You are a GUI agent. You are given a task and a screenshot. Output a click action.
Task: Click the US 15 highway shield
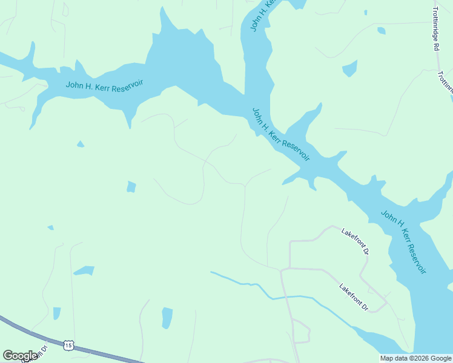(x=68, y=345)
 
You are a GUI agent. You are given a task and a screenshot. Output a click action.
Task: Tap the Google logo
(x=20, y=356)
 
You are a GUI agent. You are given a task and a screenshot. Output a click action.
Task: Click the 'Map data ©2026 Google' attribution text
(x=415, y=358)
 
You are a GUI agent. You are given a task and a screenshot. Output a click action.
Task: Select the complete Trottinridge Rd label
(x=435, y=28)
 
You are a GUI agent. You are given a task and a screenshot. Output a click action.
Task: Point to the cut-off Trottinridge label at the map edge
(x=445, y=81)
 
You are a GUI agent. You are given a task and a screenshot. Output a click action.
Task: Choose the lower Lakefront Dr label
(x=354, y=297)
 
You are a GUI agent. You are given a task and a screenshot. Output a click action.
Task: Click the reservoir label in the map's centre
(x=280, y=135)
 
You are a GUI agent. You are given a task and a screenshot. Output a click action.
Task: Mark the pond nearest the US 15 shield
(x=56, y=313)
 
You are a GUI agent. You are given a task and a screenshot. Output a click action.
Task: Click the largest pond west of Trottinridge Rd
(x=349, y=68)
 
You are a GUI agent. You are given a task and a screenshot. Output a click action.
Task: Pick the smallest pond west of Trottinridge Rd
(x=365, y=12)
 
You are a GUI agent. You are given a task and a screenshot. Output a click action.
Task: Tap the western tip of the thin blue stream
(x=212, y=273)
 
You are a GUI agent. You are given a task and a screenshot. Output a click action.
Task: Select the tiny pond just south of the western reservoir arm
(x=80, y=144)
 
